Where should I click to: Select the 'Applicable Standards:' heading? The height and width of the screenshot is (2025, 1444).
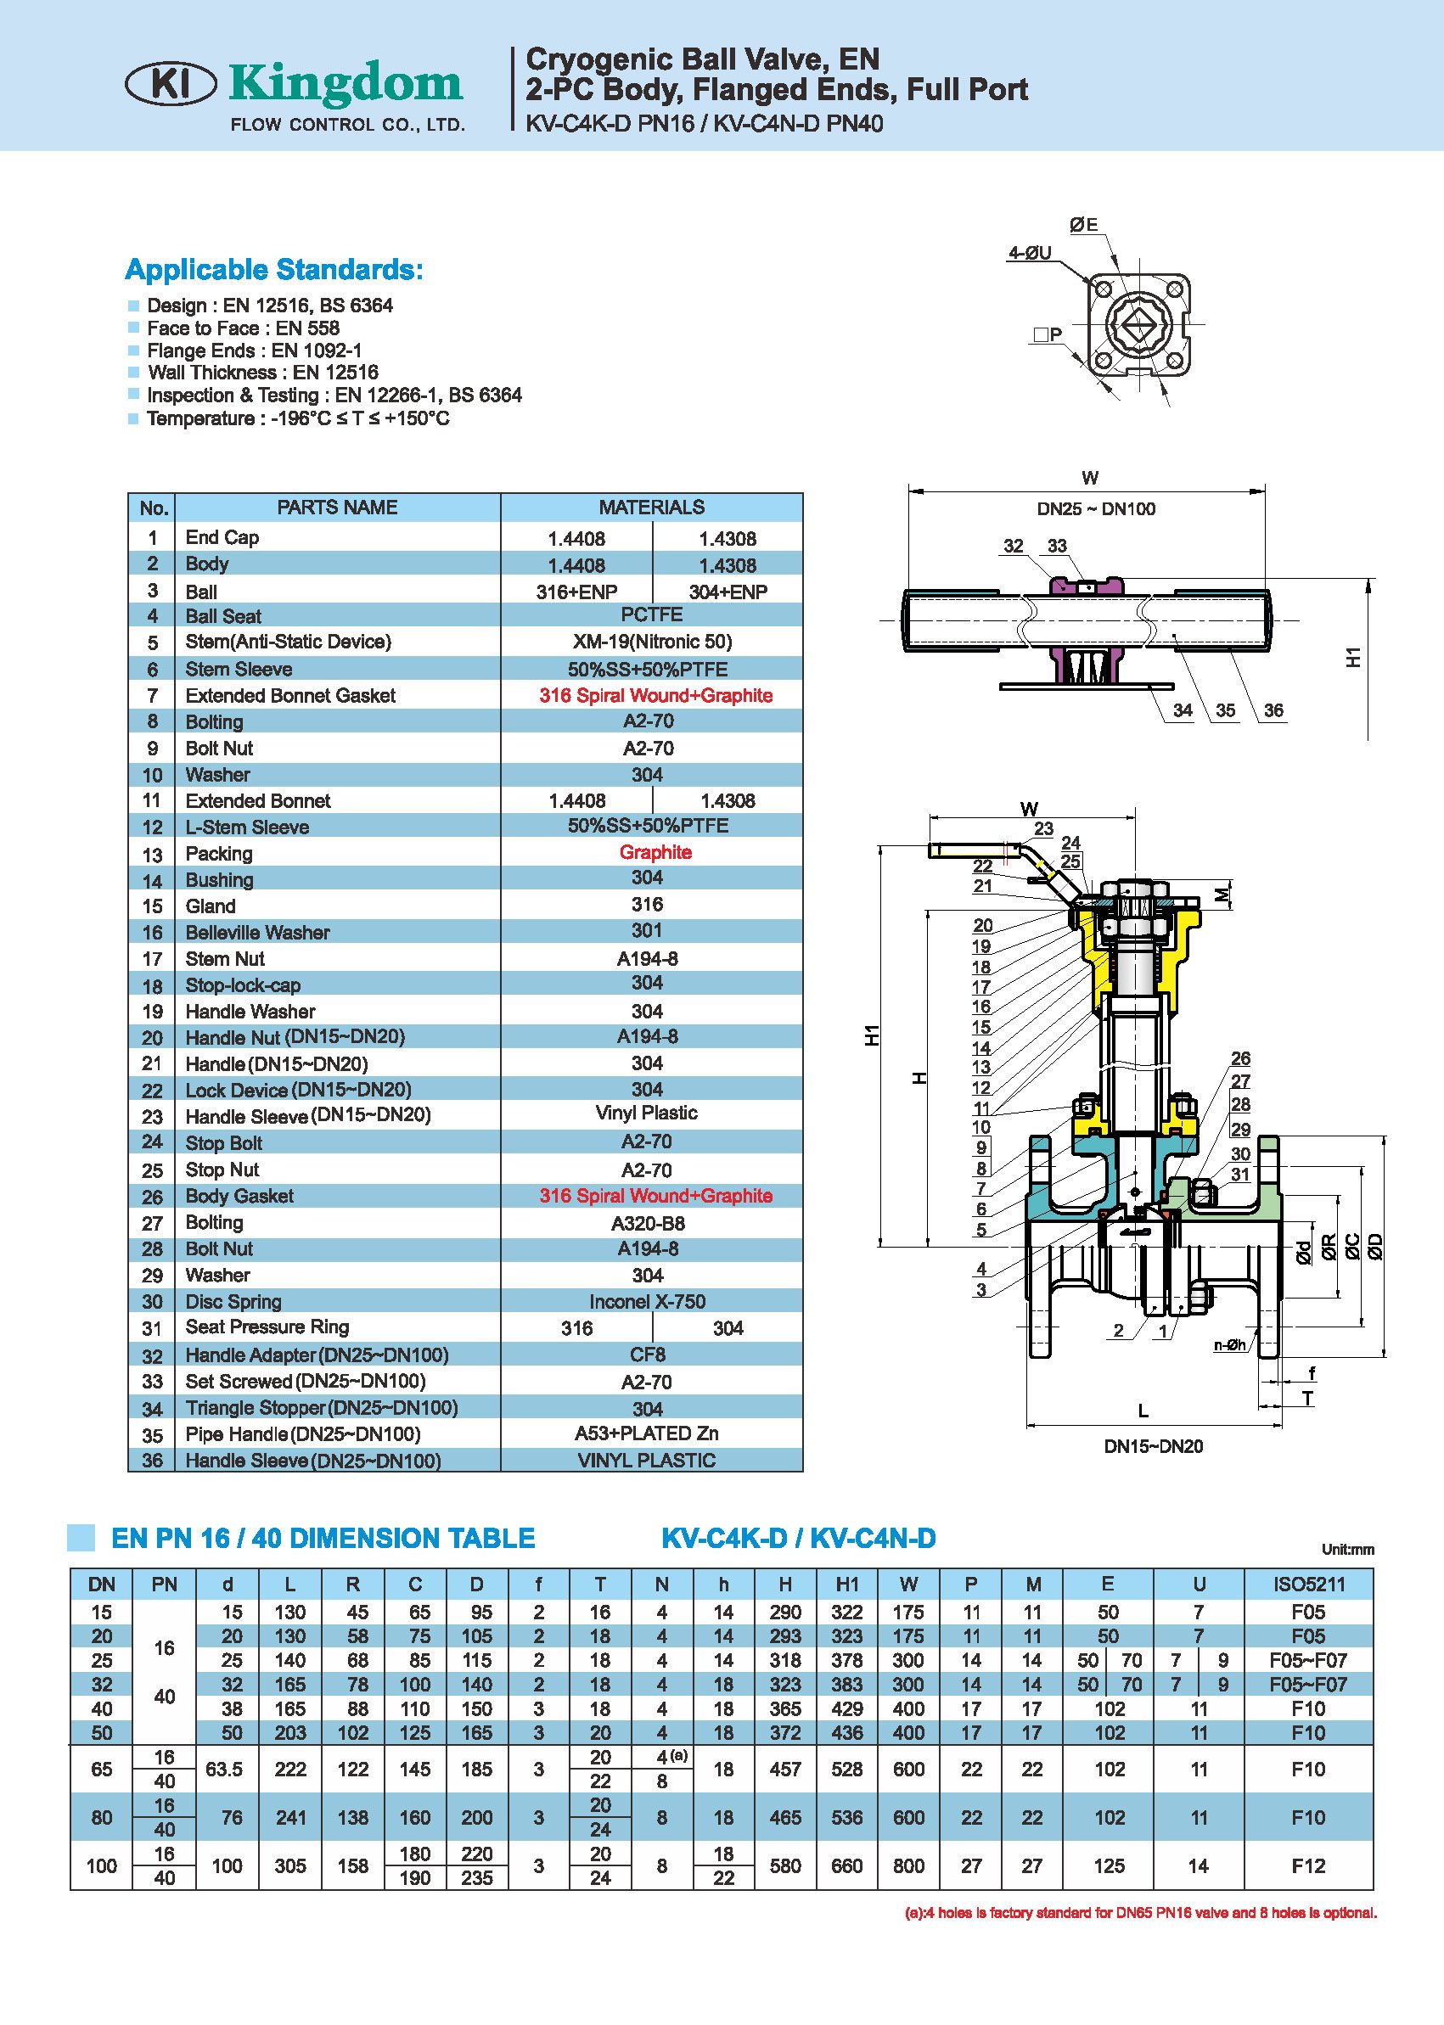274,268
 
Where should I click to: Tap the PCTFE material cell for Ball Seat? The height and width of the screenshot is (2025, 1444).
652,615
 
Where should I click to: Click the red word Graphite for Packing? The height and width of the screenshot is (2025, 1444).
655,852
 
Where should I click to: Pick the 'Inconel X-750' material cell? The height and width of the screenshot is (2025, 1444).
648,1301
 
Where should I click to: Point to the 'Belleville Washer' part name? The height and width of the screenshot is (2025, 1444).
257,933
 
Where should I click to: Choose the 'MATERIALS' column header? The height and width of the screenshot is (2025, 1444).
651,508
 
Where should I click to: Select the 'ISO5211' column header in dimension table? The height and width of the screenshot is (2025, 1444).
1308,1584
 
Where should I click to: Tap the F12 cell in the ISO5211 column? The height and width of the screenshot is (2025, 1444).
1308,1866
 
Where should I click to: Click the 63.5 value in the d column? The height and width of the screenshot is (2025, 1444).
224,1769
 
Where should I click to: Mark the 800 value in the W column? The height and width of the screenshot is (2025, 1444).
908,1866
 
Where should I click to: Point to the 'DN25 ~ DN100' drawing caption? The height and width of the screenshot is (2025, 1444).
1095,509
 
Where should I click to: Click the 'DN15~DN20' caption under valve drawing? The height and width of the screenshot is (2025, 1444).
1153,1447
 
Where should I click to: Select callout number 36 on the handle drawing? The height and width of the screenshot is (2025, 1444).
1273,710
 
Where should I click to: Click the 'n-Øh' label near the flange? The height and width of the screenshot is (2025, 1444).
1231,1345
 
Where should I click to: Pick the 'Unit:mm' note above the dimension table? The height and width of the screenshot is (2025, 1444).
1347,1550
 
